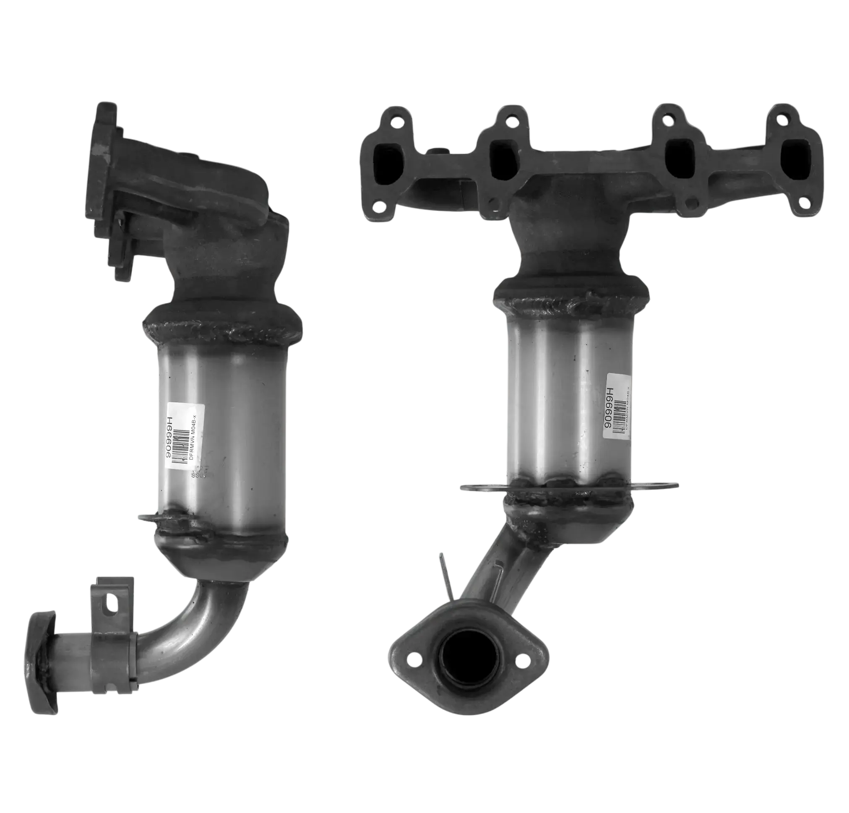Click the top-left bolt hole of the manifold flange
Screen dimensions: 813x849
tap(394, 122)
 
